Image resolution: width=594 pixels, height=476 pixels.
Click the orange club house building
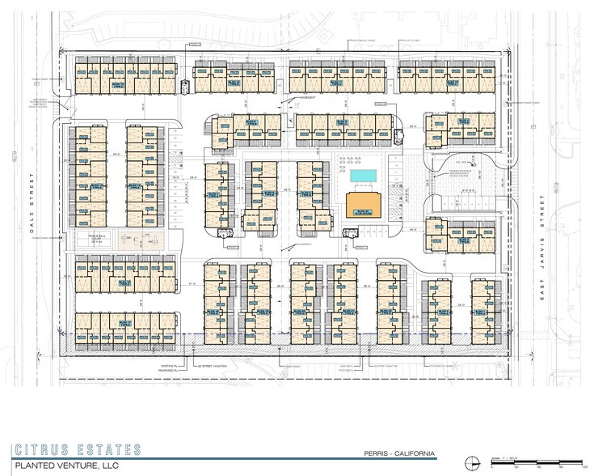coord(363,204)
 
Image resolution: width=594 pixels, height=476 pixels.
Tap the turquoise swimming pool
coord(363,176)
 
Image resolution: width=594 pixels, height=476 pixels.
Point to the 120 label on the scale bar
coord(583,469)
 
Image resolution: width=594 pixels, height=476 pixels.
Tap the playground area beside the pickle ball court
coord(145,240)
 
